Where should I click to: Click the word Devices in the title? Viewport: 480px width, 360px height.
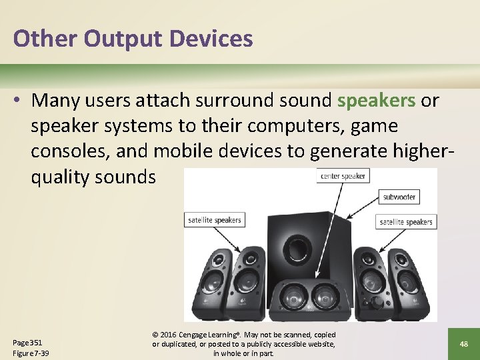coord(212,39)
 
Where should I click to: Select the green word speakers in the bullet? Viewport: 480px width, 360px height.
coord(377,100)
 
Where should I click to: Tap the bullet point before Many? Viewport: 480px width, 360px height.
coord(18,101)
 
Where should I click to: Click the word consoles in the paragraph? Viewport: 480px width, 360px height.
coord(69,151)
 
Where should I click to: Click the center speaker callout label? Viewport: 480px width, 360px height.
coord(343,177)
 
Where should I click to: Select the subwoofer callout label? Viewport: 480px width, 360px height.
coord(399,197)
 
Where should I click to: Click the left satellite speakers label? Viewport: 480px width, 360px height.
coord(214,219)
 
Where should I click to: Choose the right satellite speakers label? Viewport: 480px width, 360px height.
coord(406,221)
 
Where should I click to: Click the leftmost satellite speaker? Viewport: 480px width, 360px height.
coord(212,283)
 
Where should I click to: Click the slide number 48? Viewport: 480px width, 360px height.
coord(463,343)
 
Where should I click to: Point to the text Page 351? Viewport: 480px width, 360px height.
coord(27,342)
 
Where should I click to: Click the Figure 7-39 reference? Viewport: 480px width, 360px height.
coord(31,353)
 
